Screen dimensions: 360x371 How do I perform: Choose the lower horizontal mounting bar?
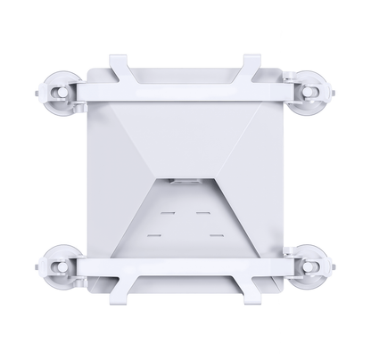pos(185,267)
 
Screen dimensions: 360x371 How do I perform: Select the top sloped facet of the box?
pos(185,134)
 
